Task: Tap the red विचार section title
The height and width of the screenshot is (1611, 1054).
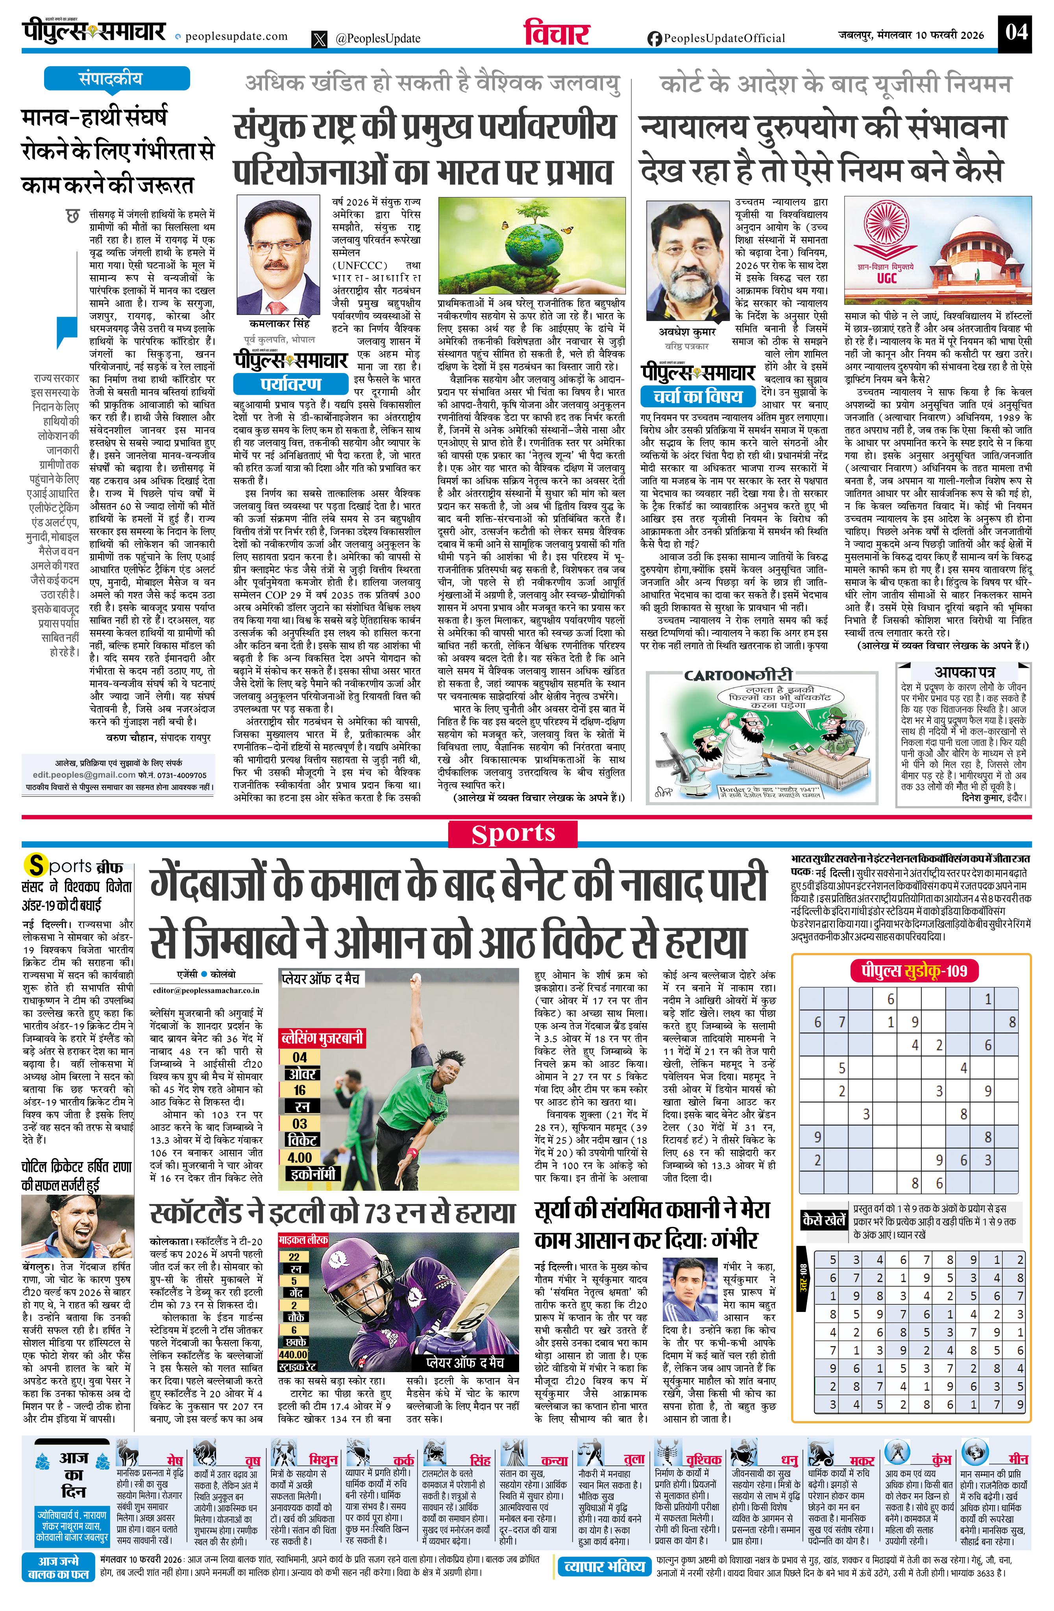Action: (x=557, y=33)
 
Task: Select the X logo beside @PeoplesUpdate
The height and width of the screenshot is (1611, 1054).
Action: (x=320, y=39)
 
